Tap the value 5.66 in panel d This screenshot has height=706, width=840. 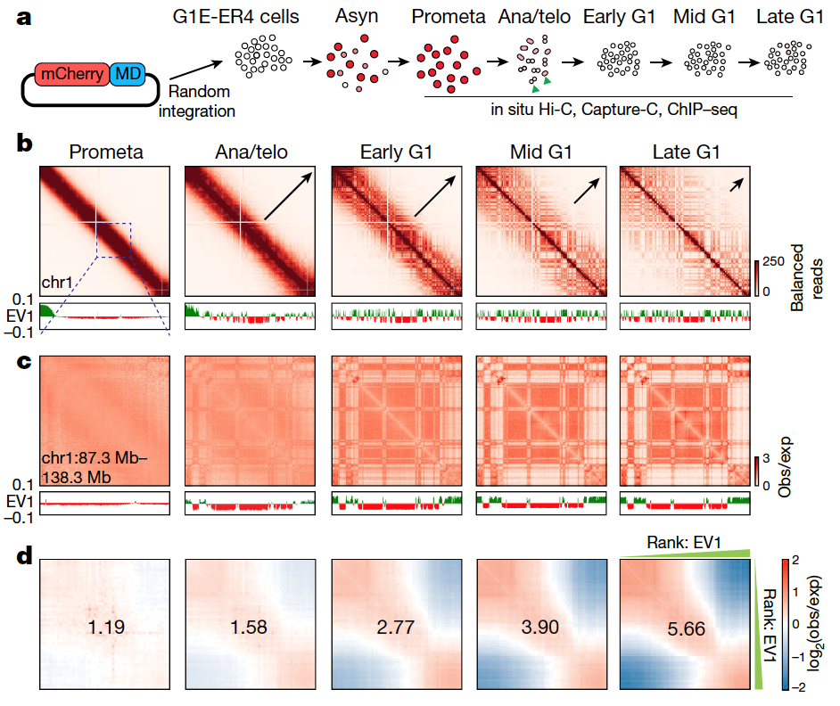[x=684, y=628]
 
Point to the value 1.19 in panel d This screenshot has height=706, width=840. [x=106, y=628]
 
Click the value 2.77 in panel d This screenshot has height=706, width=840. [x=395, y=628]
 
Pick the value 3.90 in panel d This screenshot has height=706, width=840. [x=540, y=628]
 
